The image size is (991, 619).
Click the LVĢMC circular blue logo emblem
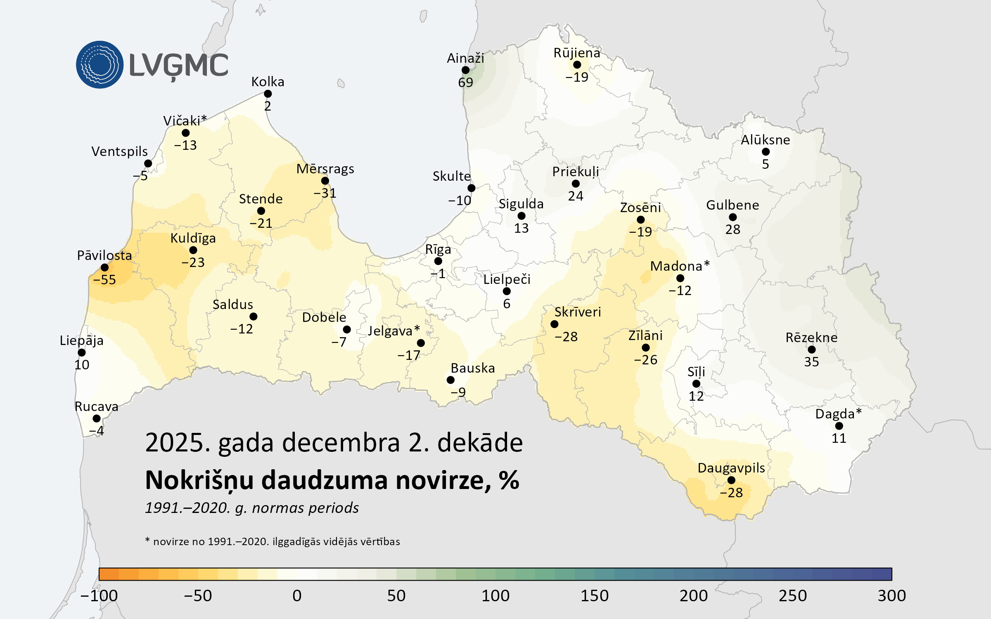click(100, 64)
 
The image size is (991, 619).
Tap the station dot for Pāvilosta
click(105, 267)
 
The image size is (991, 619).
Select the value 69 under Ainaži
click(465, 83)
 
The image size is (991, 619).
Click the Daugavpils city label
click(731, 468)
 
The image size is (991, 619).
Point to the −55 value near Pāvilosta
click(104, 280)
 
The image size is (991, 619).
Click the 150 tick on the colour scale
click(595, 596)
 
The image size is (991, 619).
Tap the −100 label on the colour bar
click(99, 596)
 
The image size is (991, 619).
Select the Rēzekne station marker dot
click(811, 350)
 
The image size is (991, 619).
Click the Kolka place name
click(268, 82)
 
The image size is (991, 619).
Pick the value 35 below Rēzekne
click(811, 362)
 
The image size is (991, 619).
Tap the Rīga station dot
click(438, 261)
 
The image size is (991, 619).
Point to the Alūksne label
click(765, 140)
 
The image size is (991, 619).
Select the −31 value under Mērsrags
click(325, 193)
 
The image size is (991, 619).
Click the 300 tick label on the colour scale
click(892, 596)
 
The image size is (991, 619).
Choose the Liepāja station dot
click(82, 352)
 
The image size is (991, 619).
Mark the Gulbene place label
click(733, 205)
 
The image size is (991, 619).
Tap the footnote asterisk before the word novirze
click(147, 540)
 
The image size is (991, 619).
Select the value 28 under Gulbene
click(733, 229)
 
